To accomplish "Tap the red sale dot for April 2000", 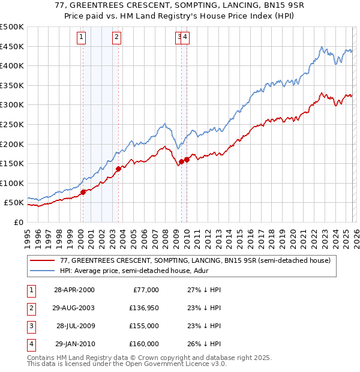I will click(83, 192).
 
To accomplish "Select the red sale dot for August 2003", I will click(118, 169).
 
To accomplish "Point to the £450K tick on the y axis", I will click(12, 46).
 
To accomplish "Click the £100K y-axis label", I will click(12, 183).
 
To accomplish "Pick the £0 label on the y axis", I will click(18, 222).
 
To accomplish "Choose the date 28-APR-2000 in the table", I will click(74, 290).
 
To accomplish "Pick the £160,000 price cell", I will click(143, 344).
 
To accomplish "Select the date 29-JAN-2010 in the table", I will click(74, 344).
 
